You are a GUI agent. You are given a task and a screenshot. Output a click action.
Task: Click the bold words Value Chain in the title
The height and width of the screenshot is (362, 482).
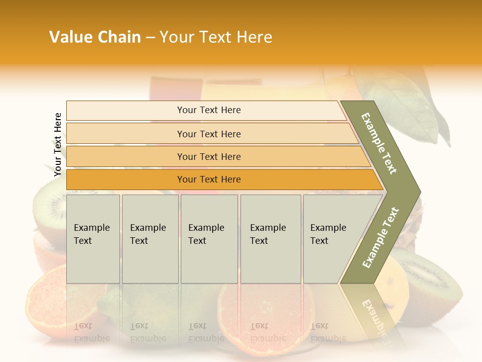coord(95,37)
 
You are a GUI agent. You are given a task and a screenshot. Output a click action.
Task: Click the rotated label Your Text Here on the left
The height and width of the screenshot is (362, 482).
coord(58,145)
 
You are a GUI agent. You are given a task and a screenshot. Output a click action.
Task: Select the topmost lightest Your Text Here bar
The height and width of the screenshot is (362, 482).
coord(208,110)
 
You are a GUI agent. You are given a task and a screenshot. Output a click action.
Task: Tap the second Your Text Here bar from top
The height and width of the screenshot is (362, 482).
coord(208,134)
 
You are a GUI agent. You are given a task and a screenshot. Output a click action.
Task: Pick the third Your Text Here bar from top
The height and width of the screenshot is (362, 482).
coord(208,156)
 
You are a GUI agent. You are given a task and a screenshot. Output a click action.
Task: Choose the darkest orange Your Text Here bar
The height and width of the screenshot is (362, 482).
coord(208,179)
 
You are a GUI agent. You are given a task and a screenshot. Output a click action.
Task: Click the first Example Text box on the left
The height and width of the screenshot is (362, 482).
coord(93,239)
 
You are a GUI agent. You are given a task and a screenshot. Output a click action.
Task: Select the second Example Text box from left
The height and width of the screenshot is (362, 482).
coord(150,239)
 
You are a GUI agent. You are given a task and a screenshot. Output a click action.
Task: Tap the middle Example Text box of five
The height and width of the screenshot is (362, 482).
coord(209,239)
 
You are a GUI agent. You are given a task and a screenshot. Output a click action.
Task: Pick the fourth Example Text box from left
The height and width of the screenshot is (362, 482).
coord(270,239)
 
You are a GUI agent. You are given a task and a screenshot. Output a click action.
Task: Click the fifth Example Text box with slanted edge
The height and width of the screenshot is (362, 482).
coord(334,239)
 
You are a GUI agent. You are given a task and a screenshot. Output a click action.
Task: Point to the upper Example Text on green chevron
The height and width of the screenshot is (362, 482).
coord(379,143)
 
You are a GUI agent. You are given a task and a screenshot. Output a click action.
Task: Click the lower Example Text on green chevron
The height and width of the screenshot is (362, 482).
coord(380,237)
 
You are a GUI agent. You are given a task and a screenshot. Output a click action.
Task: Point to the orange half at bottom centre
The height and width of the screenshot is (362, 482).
coord(266,312)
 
